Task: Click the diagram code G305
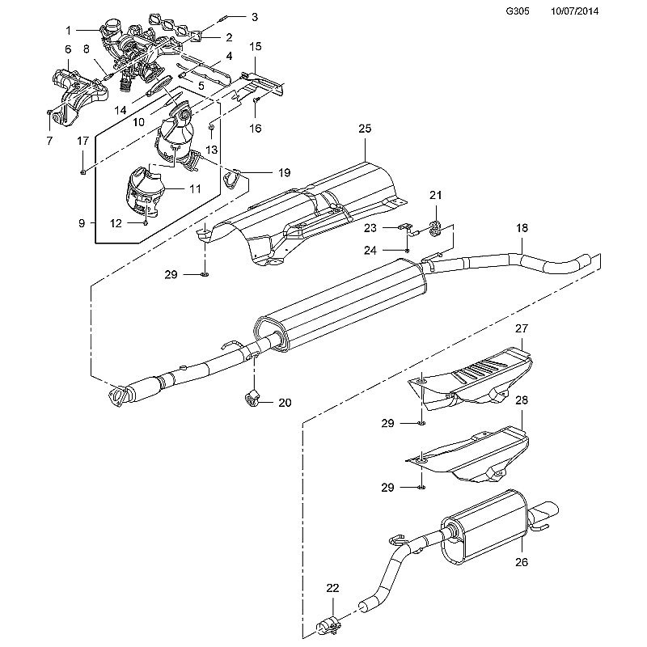[518, 11]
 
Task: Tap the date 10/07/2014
[574, 11]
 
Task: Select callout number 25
[365, 129]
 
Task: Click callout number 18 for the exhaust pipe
[522, 228]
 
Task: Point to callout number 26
[522, 561]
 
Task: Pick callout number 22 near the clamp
[332, 588]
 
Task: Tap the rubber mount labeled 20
[252, 399]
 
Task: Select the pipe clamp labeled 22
[328, 628]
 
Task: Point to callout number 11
[195, 188]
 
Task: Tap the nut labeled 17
[83, 171]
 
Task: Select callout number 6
[68, 49]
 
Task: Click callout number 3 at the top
[255, 17]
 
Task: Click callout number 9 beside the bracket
[82, 223]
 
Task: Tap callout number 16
[256, 129]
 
